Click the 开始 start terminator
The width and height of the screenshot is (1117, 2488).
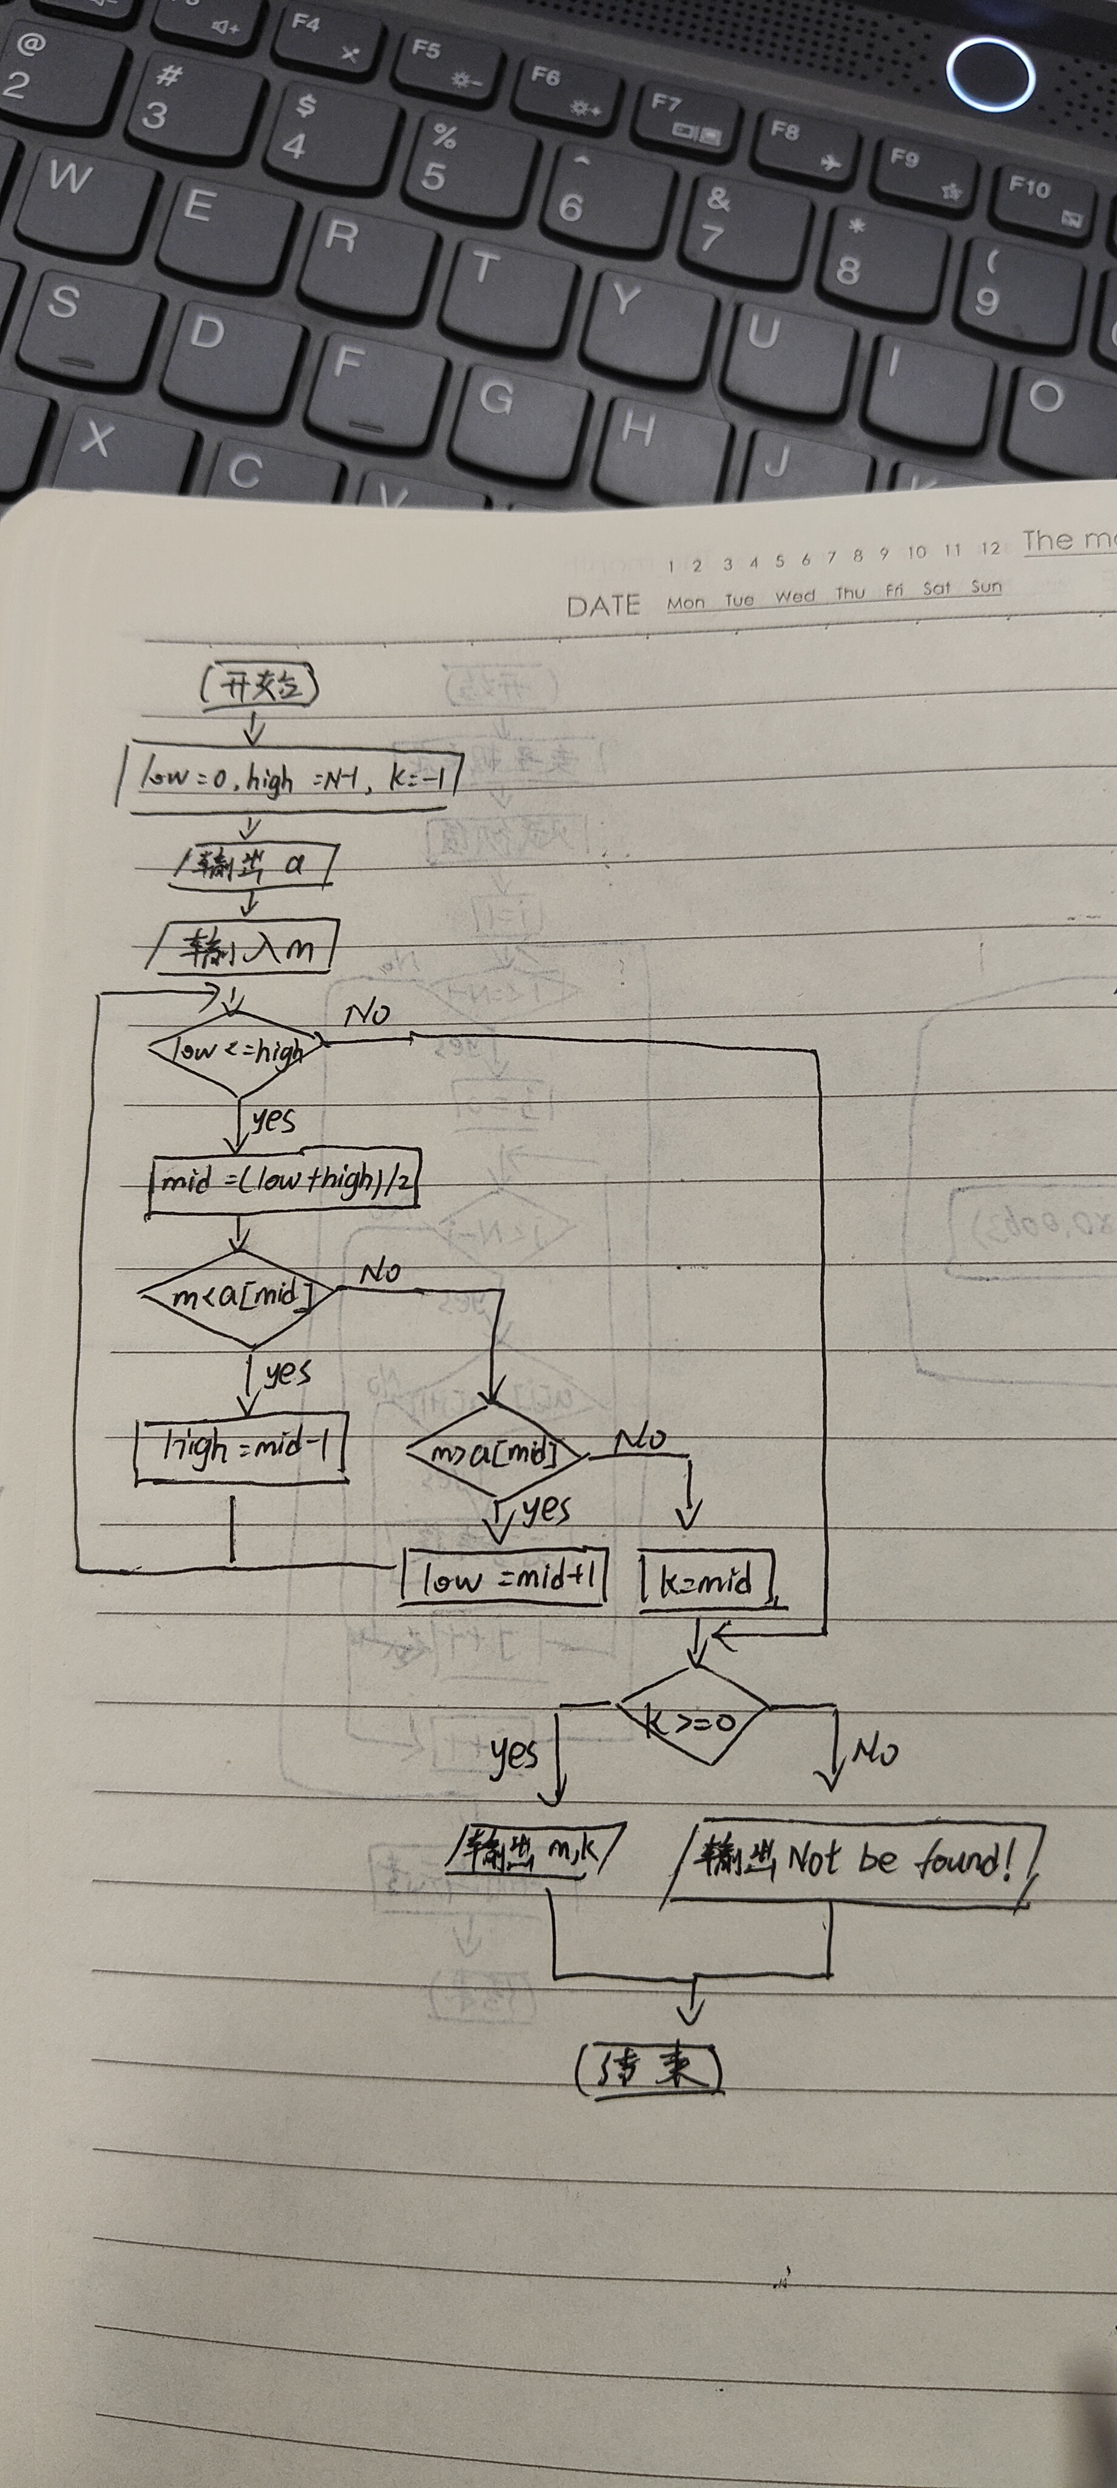point(259,688)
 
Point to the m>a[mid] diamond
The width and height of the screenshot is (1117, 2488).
point(494,1454)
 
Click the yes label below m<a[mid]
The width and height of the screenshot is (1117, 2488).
point(287,1372)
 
